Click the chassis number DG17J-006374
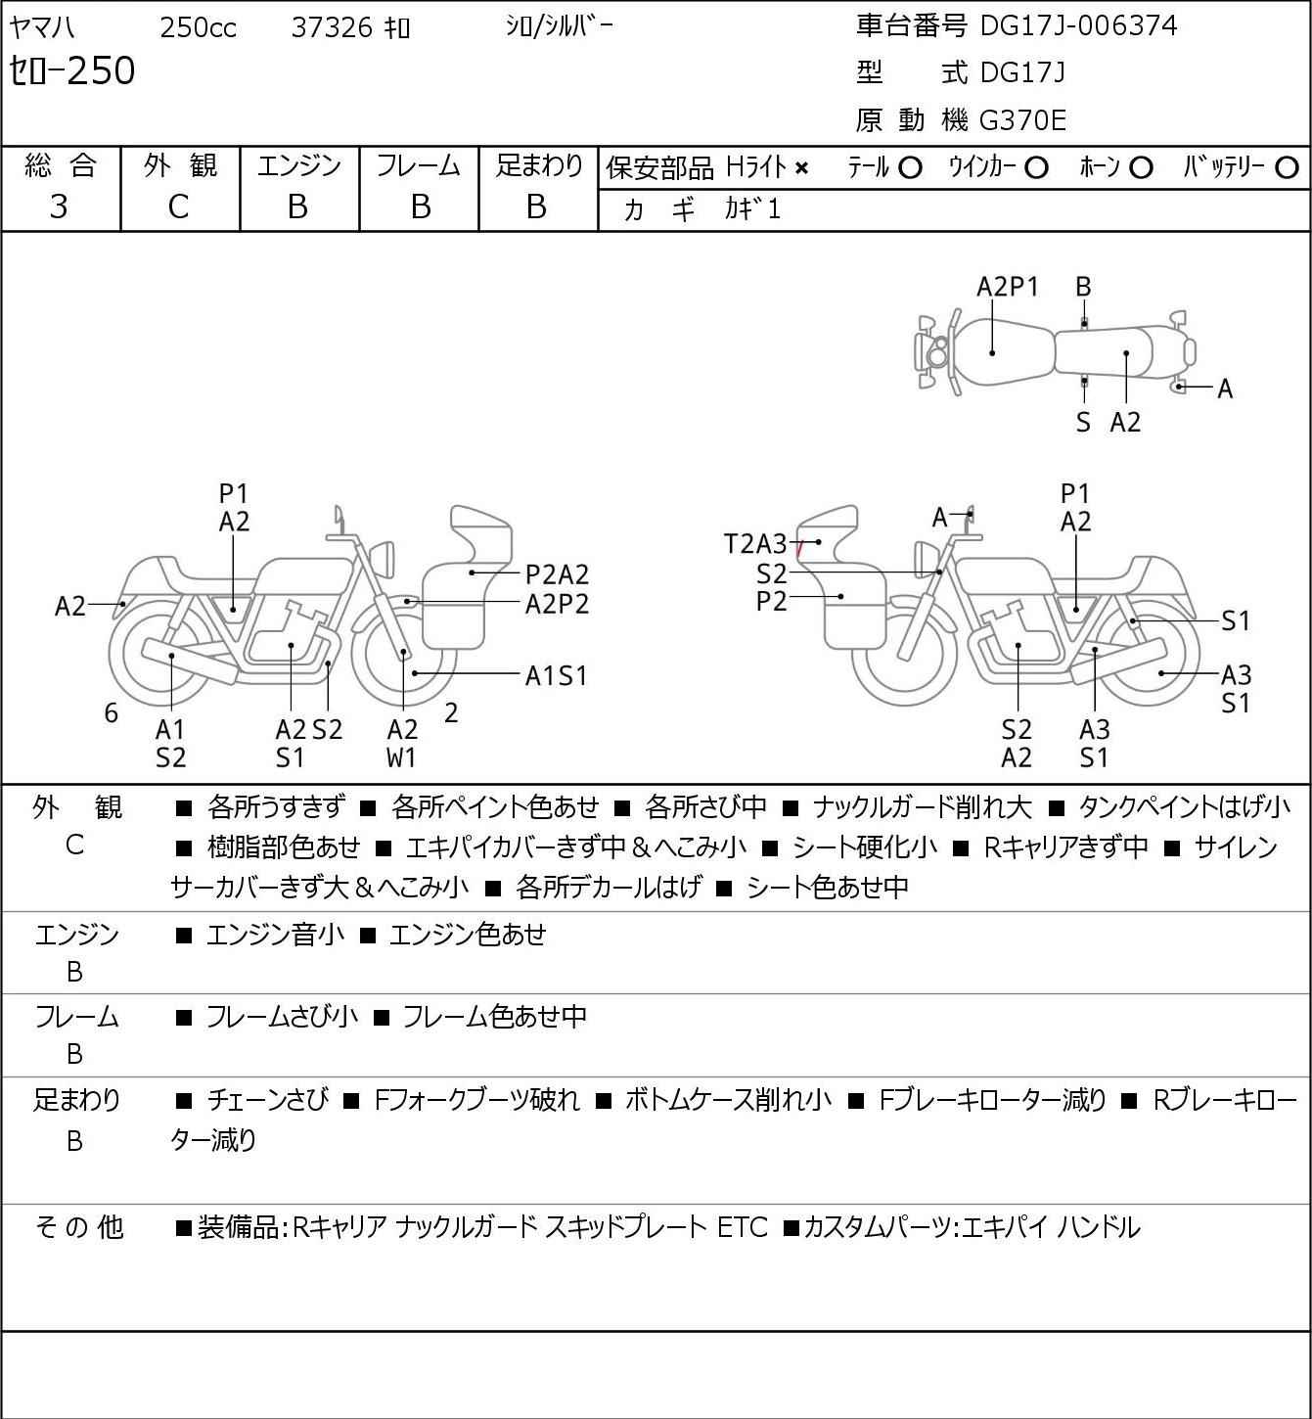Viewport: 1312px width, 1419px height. click(1078, 25)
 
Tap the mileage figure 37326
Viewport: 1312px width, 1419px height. click(332, 27)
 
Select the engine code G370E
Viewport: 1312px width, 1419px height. click(1022, 120)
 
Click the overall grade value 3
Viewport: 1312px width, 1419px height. click(59, 206)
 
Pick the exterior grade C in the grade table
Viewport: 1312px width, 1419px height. click(178, 206)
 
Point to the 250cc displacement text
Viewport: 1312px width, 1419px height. click(198, 27)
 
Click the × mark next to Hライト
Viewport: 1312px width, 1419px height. click(801, 168)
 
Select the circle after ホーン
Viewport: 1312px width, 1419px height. click(1140, 168)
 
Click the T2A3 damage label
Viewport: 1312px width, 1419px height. click(754, 544)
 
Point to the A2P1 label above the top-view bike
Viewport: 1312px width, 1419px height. click(1008, 287)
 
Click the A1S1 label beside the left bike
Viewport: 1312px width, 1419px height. click(556, 675)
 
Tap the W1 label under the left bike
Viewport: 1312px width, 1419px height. click(402, 757)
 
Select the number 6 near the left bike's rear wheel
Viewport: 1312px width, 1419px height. click(112, 713)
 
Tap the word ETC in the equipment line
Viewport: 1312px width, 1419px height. click(743, 1227)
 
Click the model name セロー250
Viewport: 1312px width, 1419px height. click(72, 71)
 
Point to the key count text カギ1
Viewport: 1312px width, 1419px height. click(752, 209)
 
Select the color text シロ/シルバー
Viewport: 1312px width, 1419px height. click(559, 26)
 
